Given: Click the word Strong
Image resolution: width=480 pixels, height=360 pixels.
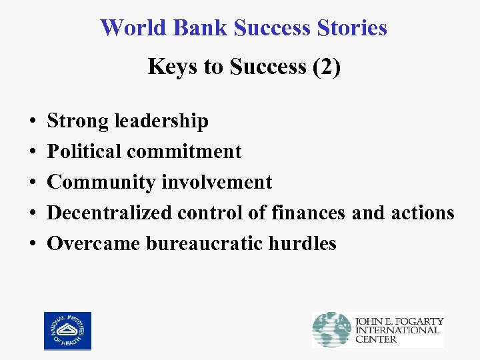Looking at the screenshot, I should (79, 121).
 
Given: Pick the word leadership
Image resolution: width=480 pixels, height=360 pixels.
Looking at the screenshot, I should (161, 121).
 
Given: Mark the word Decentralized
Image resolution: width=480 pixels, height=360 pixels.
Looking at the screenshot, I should (110, 213).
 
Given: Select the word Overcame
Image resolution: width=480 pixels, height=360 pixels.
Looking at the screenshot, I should (93, 244).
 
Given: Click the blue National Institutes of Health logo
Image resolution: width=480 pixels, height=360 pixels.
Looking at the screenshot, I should (67, 331).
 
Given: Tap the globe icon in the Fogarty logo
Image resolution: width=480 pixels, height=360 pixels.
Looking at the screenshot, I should (332, 329).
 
